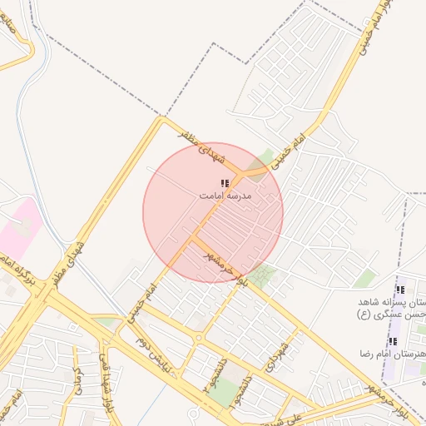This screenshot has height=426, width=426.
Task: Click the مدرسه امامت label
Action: pos(225,196)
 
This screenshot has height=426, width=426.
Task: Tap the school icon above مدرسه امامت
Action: pos(225,183)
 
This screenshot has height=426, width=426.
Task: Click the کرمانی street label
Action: pos(77,382)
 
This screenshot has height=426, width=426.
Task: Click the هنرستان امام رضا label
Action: pos(391,354)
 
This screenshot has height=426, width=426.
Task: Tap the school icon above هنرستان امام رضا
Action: pos(393,341)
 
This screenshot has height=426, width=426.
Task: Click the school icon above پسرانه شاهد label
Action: pos(400,290)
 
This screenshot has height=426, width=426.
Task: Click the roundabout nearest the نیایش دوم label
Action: pos(199,338)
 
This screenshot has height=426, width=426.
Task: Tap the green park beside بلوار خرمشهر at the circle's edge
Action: pos(265,275)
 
